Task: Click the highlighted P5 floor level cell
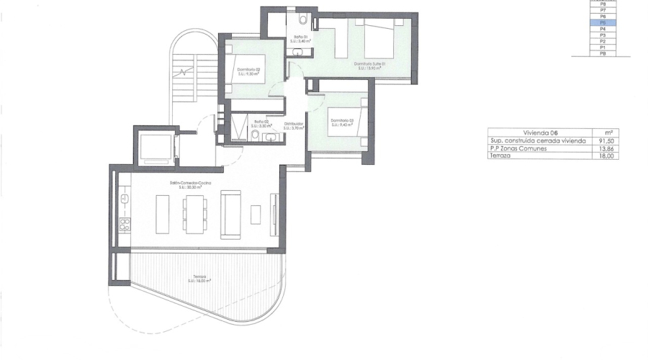point(603,23)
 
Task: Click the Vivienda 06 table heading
point(540,132)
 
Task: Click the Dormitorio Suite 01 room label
point(371,64)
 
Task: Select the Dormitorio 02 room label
point(248,71)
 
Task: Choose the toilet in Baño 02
point(256,135)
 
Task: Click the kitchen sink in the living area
point(124,196)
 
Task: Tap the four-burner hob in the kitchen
point(124,223)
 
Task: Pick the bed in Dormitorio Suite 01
point(381,40)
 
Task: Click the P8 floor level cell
point(603,4)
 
